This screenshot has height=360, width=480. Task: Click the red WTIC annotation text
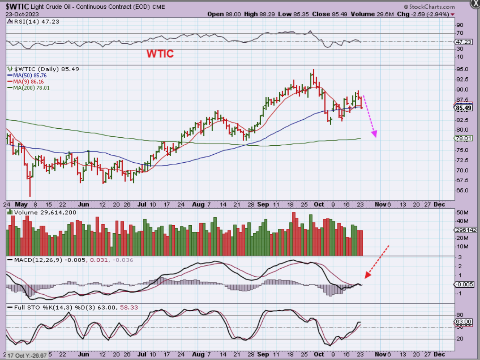(160, 54)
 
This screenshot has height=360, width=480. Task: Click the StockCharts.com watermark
(429, 6)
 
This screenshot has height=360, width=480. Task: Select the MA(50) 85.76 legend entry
(29, 75)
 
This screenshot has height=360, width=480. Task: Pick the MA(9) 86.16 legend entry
(28, 82)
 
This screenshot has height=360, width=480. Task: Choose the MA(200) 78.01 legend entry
(31, 88)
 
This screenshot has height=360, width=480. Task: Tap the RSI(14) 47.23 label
(36, 22)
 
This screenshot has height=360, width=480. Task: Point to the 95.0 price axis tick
(462, 69)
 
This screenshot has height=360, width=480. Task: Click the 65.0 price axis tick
(462, 191)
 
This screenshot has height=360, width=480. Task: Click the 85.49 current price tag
(463, 108)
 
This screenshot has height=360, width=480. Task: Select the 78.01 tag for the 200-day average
(463, 138)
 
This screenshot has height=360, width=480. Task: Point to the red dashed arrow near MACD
(377, 261)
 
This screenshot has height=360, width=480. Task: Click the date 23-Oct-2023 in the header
(22, 14)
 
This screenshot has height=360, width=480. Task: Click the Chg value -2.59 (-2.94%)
(430, 14)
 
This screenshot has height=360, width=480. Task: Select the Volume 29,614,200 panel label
(45, 212)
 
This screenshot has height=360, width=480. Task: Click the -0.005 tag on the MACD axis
(464, 284)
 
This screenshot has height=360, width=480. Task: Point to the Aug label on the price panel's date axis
(198, 204)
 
